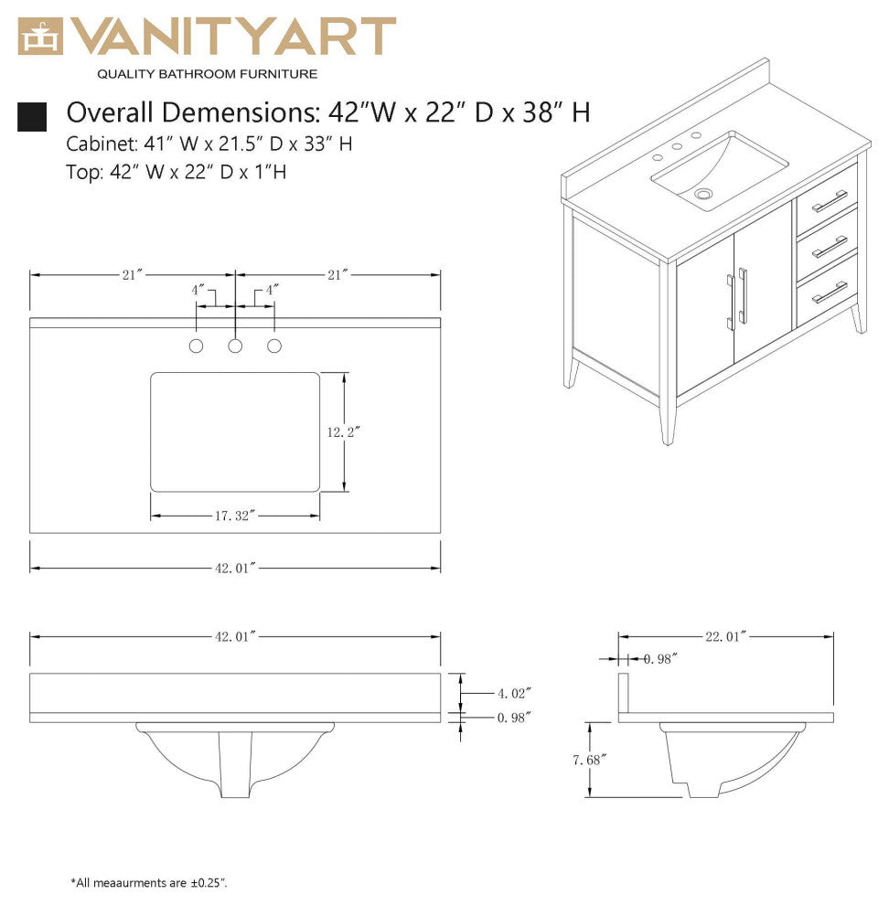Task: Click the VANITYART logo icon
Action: (x=40, y=37)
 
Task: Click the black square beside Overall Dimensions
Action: (x=32, y=115)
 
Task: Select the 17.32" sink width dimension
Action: (x=234, y=516)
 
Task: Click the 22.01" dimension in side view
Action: (x=725, y=637)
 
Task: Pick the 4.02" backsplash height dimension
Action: (x=513, y=695)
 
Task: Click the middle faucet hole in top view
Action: (x=235, y=346)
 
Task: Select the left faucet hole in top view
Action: (x=196, y=346)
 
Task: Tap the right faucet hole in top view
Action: (x=274, y=346)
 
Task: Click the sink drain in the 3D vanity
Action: (x=702, y=194)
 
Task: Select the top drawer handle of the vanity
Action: (x=830, y=201)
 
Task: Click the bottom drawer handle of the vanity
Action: (x=830, y=292)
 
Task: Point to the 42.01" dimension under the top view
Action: (x=234, y=568)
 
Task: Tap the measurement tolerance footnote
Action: (x=149, y=882)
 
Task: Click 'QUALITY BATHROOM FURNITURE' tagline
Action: (x=208, y=73)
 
